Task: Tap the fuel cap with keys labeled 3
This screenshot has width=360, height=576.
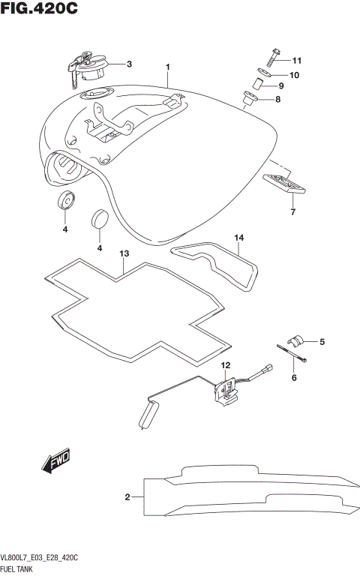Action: (87, 66)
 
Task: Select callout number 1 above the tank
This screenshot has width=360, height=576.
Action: (168, 67)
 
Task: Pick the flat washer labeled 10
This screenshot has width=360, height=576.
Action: (259, 74)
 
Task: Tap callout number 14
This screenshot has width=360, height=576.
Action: (239, 238)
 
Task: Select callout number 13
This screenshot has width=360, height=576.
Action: (124, 254)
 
